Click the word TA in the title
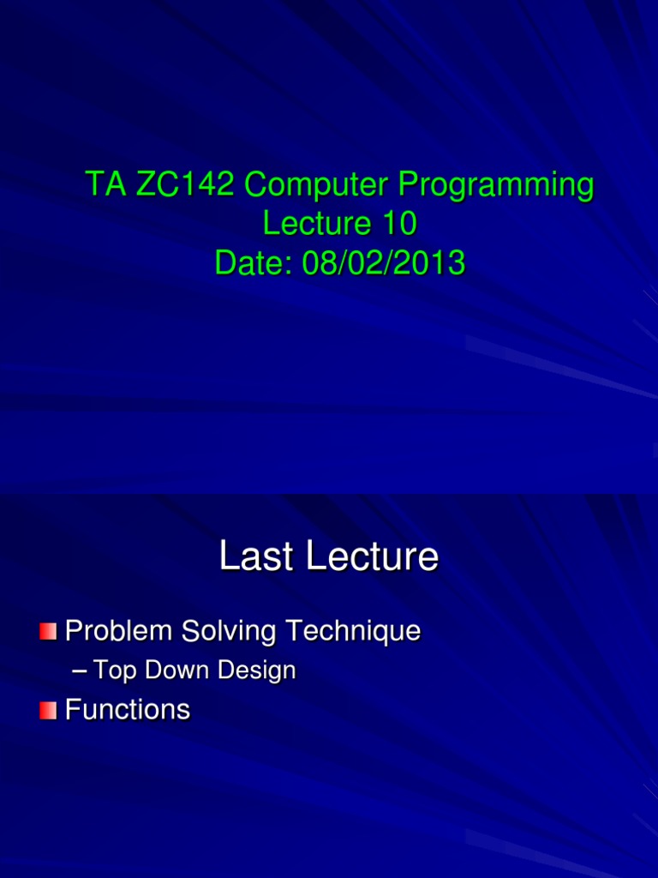coord(103,184)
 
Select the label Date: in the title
coord(254,263)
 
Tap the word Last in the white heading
coord(255,556)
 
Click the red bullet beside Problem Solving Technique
coord(47,632)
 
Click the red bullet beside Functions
coord(47,710)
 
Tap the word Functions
coord(128,710)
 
